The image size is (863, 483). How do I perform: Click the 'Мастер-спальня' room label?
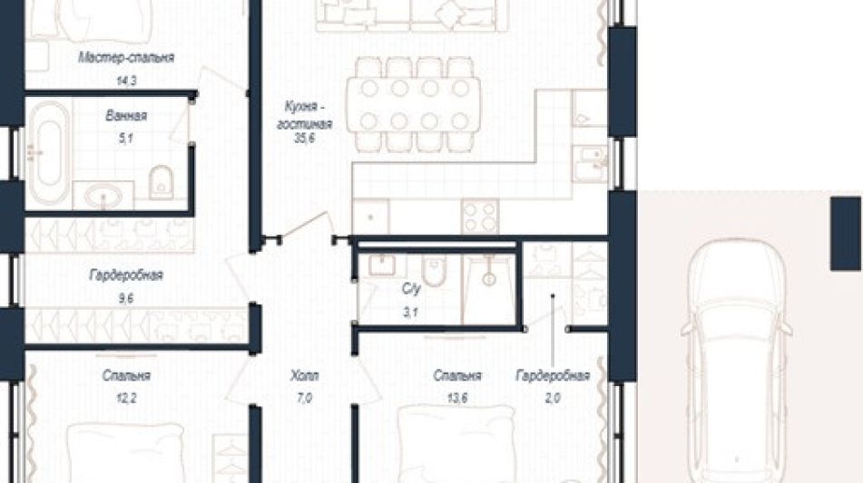point(126,58)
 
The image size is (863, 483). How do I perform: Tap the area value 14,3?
point(126,81)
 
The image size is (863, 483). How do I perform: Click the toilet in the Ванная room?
point(161,182)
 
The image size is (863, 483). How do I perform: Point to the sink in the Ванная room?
point(103,196)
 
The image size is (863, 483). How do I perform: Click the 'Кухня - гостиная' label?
point(304,115)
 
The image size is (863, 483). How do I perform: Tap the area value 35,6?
point(304,139)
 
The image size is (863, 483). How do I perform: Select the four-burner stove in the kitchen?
point(480,217)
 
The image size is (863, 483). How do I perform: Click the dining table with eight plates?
point(413,104)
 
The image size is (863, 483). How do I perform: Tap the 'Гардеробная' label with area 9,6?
point(126,275)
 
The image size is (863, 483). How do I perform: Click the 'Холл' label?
point(304,376)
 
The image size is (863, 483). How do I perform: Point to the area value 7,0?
point(304,398)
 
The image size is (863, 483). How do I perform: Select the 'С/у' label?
point(411,289)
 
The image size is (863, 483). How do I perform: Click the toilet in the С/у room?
point(435,271)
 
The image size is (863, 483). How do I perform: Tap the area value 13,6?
point(457,398)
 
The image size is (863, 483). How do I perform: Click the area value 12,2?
point(126,398)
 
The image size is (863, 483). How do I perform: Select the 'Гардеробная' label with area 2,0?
point(553,376)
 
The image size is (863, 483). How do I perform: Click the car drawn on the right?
point(737,361)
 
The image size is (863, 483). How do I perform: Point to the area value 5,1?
point(126,139)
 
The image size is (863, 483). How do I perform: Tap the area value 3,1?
point(411,314)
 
